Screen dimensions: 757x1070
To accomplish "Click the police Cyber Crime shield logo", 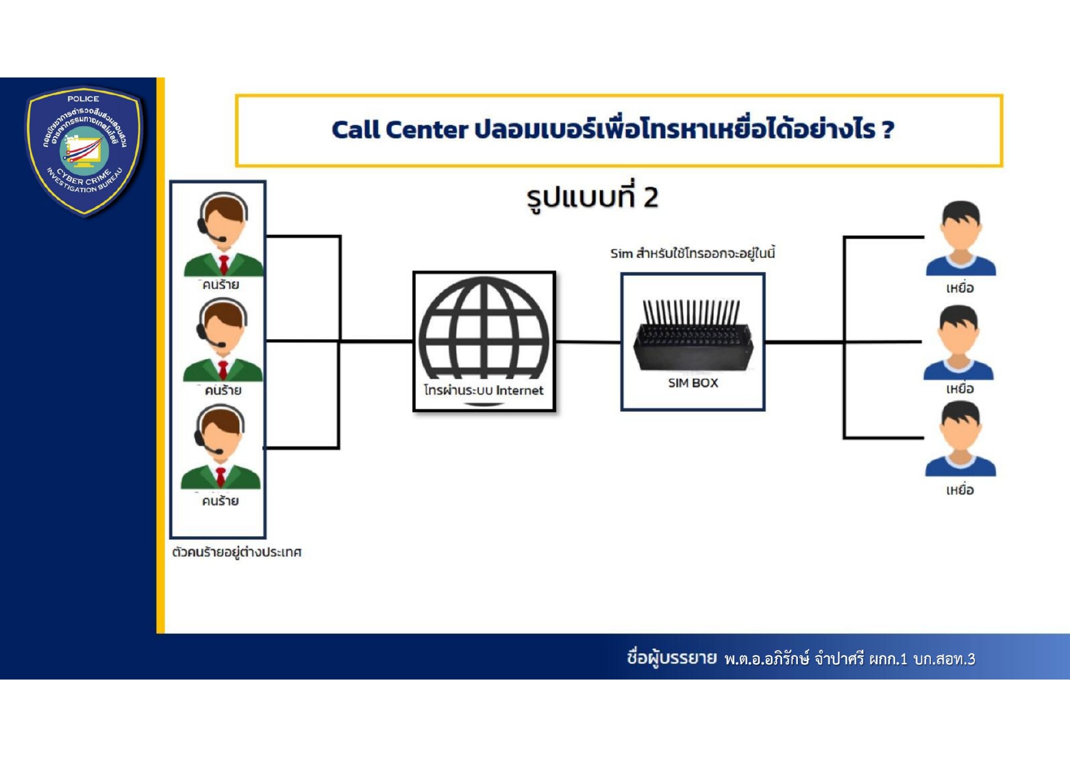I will pos(84,150).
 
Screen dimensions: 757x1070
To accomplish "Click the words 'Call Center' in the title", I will pos(400,130).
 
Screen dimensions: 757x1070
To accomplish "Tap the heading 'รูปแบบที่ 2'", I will pos(592,198).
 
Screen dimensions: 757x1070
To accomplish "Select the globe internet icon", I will pos(484,329).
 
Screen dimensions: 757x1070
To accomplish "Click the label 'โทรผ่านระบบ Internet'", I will pos(484,390).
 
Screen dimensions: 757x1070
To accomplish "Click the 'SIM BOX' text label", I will pos(693,383).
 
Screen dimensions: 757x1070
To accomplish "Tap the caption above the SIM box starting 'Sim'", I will pos(692,253).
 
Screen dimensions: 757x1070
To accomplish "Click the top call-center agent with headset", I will pos(223,234).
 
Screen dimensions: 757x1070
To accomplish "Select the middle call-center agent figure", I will pos(222,340).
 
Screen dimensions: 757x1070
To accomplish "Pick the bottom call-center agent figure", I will pos(220,448).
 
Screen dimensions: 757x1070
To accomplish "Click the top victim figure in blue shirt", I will pos(960,239).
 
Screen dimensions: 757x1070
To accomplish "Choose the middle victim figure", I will pos(958,342).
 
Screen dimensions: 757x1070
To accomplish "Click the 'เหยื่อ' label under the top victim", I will pos(960,289).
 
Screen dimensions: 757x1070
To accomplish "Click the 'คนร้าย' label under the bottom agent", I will pos(220,501).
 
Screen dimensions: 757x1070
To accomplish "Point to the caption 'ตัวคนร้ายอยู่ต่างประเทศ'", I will pos(237,553).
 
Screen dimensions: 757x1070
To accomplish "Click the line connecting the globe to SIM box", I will pos(588,342).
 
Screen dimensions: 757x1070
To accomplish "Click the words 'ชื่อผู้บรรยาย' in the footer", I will pos(671,658).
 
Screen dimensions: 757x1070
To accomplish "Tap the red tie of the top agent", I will pos(224,264).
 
